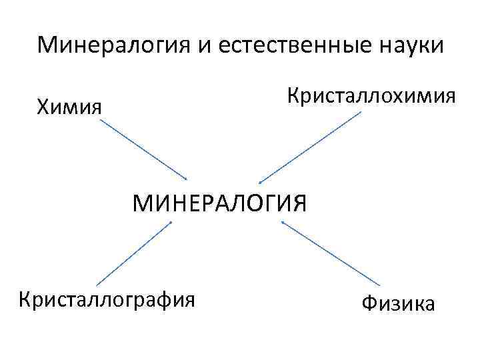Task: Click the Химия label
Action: pos(69,106)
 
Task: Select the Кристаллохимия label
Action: pos(371,95)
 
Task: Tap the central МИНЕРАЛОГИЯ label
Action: pos(220,201)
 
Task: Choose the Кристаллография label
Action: pos(107,299)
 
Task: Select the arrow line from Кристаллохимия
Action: pos(310,147)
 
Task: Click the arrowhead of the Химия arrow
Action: pos(187,179)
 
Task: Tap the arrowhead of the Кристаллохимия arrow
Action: pos(261,181)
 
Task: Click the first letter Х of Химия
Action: pos(43,106)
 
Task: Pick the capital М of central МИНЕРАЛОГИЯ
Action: pos(143,201)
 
